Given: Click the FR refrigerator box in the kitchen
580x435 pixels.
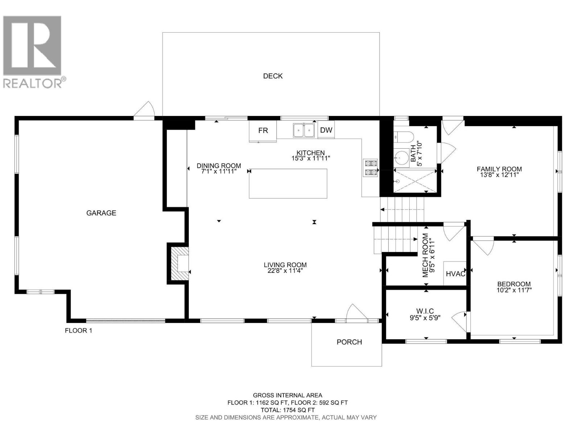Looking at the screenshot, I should coord(263,130).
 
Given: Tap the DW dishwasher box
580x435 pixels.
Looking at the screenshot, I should coord(326,130).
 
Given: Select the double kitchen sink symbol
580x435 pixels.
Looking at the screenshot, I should coord(304,130).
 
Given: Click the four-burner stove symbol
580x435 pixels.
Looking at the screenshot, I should coord(370,168).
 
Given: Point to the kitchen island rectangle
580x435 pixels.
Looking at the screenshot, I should coord(288,183).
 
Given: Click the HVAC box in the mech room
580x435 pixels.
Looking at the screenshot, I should coord(455,274).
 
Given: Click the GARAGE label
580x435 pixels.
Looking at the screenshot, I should coord(101,213).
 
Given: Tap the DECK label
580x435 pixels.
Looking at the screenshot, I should coord(273,76).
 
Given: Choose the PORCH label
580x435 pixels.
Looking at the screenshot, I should coord(349,342).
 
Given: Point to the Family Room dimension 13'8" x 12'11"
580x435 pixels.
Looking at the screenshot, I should coord(499,175).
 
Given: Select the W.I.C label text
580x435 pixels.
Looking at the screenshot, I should coord(425,311).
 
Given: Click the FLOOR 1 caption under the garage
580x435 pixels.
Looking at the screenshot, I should coord(78,331).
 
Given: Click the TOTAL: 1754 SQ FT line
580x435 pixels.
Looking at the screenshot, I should coord(287,410).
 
